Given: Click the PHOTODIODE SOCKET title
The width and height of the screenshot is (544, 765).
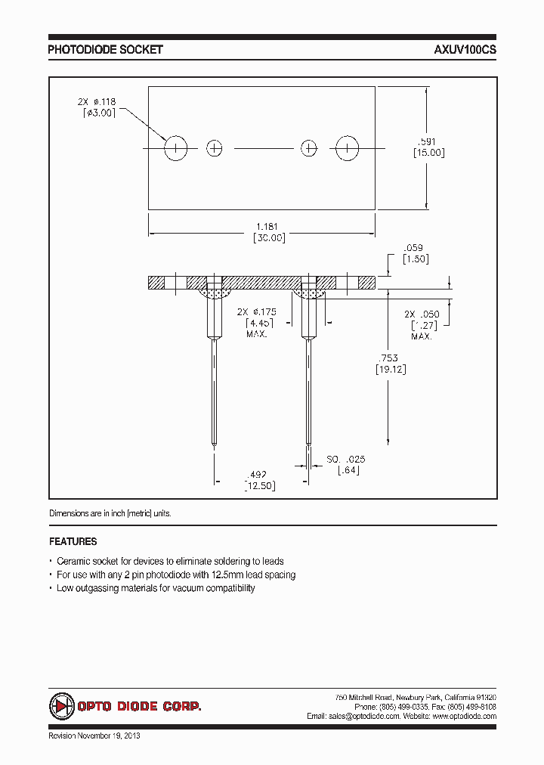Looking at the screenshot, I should coord(105,50).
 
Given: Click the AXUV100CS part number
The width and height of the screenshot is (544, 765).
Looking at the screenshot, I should coord(465,50).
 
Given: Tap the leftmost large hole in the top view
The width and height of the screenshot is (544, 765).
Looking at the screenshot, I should coord(175,148).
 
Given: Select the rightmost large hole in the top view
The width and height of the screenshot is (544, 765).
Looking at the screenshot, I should coord(348,148).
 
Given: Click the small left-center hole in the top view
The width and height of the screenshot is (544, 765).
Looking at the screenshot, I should coord(215,148).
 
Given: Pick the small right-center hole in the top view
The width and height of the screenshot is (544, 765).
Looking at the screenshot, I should coord(308,148).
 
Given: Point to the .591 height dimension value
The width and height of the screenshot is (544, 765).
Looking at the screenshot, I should coord(428,141).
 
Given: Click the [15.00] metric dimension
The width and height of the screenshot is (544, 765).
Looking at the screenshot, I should coord(428,153).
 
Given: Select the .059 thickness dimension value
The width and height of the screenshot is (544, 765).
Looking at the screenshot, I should coord(413,247).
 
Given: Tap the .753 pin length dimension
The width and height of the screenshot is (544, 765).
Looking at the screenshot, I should coord(386,358).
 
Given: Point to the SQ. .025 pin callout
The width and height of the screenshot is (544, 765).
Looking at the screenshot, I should coord(346,459).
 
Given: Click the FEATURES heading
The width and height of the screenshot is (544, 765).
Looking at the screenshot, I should coord(73,542).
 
